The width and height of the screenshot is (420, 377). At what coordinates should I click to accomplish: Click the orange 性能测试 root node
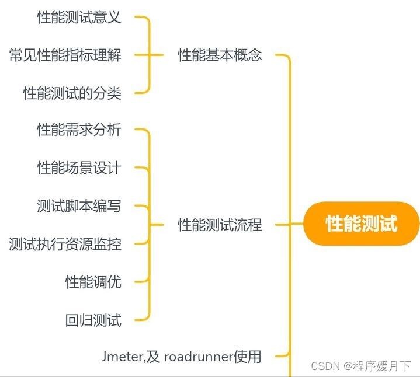click(x=362, y=224)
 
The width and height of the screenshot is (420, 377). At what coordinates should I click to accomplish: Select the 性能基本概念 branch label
click(x=220, y=55)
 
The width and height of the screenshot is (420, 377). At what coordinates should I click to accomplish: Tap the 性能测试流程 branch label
click(x=220, y=225)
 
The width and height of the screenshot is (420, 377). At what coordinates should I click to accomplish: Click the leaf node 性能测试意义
click(x=79, y=18)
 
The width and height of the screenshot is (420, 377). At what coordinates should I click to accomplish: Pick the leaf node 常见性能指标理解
click(x=65, y=55)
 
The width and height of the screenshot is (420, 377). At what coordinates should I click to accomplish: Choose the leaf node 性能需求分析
click(x=79, y=130)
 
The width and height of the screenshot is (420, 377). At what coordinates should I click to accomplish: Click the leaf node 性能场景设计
click(x=79, y=168)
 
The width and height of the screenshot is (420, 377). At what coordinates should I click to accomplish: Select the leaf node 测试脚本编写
click(x=79, y=206)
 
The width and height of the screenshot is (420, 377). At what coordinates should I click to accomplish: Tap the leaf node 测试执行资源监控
click(x=65, y=244)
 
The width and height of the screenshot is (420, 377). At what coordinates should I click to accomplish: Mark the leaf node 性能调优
click(x=93, y=282)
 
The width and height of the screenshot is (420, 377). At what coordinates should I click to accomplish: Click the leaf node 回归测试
click(x=93, y=320)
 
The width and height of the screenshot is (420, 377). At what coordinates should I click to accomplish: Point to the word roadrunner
click(x=198, y=356)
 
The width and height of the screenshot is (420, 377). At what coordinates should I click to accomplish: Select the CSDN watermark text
click(x=325, y=366)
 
